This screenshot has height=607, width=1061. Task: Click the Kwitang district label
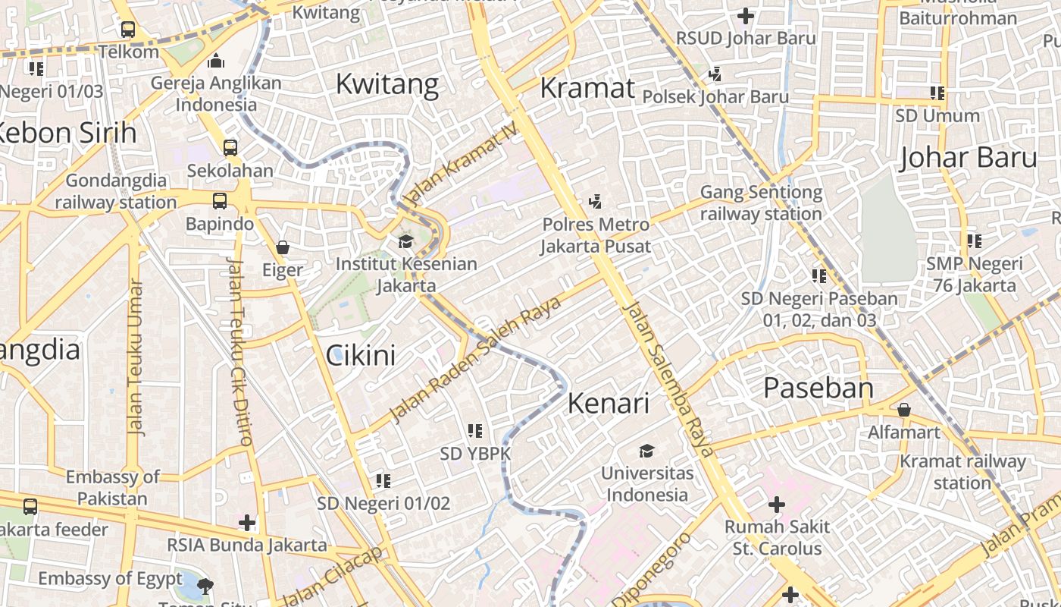coord(387,83)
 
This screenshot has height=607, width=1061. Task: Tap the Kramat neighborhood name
coord(587,88)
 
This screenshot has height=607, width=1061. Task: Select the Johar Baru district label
coord(968,157)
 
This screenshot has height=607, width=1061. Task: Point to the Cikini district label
coord(361,354)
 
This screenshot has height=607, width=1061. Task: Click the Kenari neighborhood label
coord(608,403)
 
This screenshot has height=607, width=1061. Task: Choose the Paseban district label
coord(818,388)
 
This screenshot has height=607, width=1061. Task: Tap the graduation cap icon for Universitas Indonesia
coord(646,451)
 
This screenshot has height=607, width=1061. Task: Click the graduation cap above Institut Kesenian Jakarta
coord(405,241)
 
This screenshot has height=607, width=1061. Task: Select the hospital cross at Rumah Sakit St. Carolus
coord(776,505)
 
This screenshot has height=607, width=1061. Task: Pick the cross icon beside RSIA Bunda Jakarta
coord(246,523)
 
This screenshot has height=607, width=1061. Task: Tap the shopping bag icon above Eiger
coord(283,247)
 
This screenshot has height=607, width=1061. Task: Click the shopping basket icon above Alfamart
coord(903,410)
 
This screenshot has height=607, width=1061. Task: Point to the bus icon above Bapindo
coord(219,201)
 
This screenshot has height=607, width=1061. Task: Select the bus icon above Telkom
coord(128,30)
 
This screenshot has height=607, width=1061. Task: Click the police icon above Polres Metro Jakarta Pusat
coord(595,202)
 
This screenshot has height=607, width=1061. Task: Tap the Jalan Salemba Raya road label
coord(668,378)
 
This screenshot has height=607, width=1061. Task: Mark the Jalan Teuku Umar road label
coord(136,357)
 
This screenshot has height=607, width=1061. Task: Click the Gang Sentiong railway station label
coord(761,203)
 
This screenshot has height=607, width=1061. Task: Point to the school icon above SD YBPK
coord(475,431)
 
